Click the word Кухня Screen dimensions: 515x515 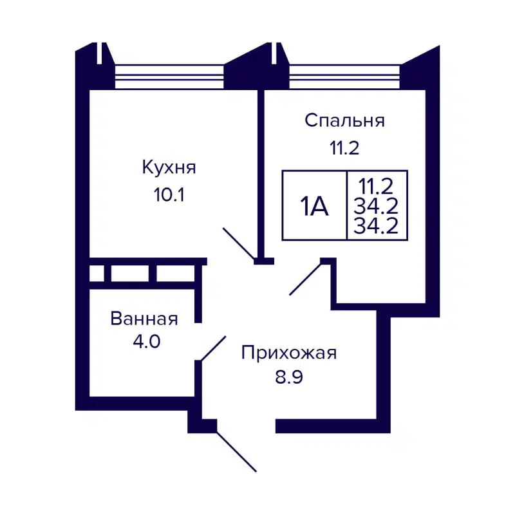click(x=169, y=168)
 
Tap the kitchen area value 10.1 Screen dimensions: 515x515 click(x=169, y=195)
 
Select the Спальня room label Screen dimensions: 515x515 click(x=344, y=120)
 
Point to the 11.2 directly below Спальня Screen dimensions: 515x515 click(x=344, y=148)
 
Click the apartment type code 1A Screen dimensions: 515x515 click(x=314, y=207)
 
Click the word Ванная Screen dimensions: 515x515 click(x=144, y=319)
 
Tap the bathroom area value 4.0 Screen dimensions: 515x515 click(x=144, y=341)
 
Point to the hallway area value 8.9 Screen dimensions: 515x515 click(x=289, y=376)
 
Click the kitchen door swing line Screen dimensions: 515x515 click(x=239, y=244)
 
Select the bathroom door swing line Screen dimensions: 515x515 click(x=213, y=348)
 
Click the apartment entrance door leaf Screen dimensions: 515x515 click(x=237, y=451)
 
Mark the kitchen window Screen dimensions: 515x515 click(x=169, y=77)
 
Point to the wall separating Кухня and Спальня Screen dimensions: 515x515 click(x=261, y=174)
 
